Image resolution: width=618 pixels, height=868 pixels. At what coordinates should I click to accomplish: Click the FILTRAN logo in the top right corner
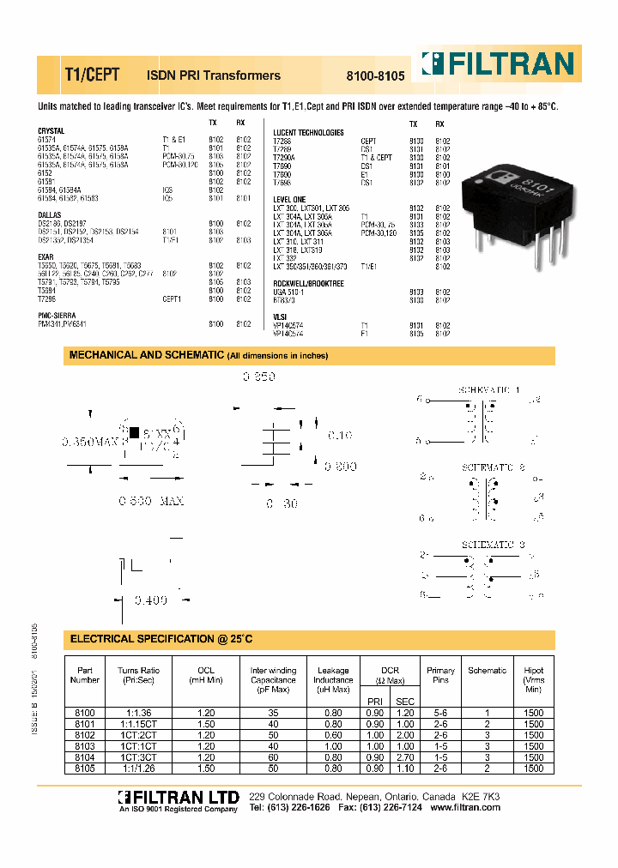[497, 64]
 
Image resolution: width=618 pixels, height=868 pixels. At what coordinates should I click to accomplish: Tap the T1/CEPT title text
[86, 75]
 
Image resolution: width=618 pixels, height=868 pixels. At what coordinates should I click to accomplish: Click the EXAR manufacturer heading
[45, 256]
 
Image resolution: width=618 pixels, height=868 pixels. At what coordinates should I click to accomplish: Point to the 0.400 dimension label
[149, 601]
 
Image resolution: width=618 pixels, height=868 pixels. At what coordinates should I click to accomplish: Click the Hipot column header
[533, 680]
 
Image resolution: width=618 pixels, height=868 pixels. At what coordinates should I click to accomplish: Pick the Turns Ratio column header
[138, 675]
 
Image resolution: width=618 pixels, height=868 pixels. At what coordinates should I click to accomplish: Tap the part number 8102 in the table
[85, 735]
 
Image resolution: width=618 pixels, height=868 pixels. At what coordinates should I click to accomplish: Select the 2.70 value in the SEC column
[404, 757]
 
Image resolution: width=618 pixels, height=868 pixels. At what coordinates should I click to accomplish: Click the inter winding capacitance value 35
[273, 713]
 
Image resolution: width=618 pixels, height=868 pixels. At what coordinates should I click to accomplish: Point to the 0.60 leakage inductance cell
[333, 735]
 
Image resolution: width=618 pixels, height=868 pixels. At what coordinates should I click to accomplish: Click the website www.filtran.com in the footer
[464, 809]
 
